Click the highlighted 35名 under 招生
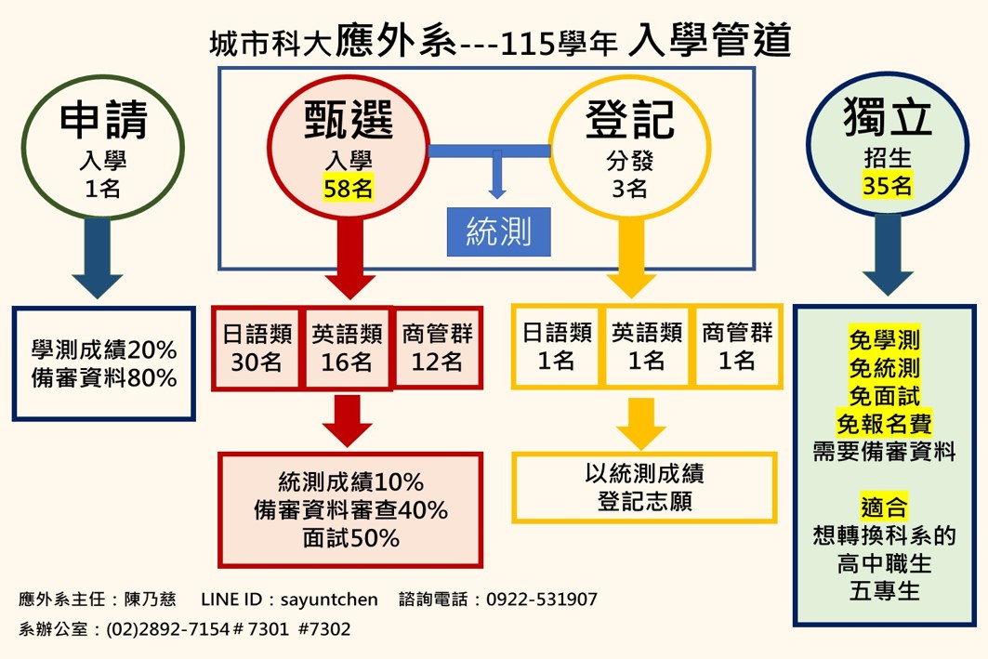[888, 186]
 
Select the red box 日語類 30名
[257, 346]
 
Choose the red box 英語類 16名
[347, 346]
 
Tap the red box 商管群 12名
[438, 346]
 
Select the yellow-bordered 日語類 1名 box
[555, 346]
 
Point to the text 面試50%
[350, 538]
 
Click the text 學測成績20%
[103, 350]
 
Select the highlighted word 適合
[884, 507]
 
